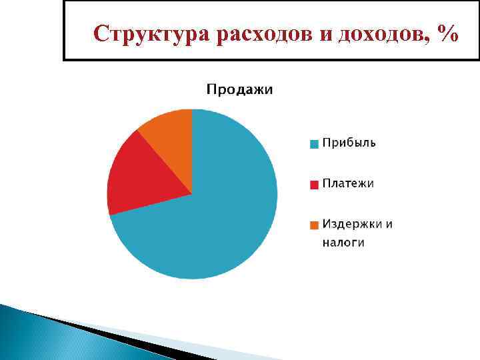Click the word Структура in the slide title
click(x=151, y=34)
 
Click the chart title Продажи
click(x=239, y=90)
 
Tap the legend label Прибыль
click(x=349, y=143)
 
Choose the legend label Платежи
click(x=348, y=183)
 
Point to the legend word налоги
click(x=343, y=243)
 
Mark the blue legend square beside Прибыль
click(x=314, y=143)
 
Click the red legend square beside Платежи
click(x=314, y=184)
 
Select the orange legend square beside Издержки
click(x=314, y=225)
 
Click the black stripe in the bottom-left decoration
click(x=100, y=330)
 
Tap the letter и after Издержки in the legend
click(x=388, y=224)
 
